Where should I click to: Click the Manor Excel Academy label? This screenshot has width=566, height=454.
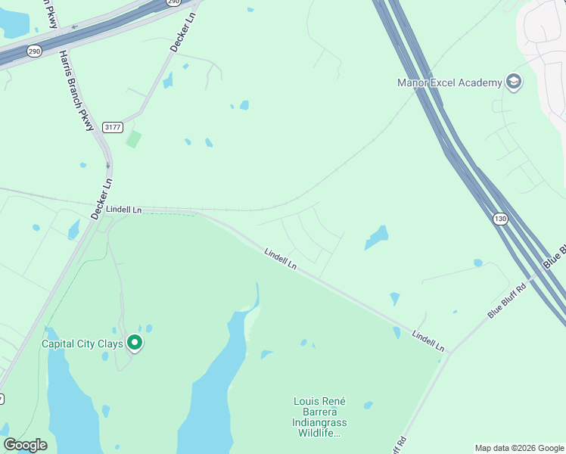[449, 82]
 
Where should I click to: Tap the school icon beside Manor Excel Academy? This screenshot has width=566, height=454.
[514, 82]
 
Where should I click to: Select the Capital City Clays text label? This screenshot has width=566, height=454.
[84, 344]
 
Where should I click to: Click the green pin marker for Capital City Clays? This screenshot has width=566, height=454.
[135, 344]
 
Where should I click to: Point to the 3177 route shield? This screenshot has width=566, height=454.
[113, 127]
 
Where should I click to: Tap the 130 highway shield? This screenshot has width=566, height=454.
[499, 219]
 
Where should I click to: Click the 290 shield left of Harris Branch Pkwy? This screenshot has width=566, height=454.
[34, 51]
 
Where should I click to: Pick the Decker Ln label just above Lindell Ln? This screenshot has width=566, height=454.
[101, 199]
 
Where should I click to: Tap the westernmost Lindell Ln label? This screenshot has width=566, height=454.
[124, 209]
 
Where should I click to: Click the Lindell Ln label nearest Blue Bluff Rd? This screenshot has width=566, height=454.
[429, 340]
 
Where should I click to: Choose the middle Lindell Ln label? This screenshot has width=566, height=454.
[281, 258]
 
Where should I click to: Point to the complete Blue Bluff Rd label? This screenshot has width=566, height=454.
[507, 300]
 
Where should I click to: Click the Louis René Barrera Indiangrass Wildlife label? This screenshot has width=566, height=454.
[318, 417]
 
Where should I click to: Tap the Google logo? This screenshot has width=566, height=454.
[25, 445]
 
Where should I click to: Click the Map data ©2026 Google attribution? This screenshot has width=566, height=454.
[518, 448]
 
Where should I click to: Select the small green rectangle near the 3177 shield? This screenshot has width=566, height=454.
[133, 139]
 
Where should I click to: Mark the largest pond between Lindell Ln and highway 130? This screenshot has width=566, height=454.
[377, 238]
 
